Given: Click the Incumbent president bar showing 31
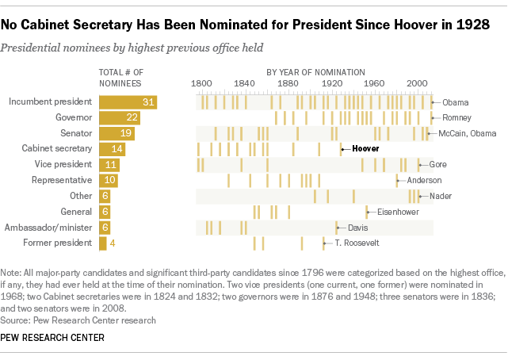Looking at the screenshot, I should (x=128, y=102).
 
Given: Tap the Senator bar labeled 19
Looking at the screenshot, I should (x=116, y=133).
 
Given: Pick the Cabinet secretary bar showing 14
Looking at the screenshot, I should (x=112, y=149).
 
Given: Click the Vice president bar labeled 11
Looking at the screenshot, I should (x=109, y=165).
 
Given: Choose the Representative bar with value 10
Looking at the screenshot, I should (x=108, y=181).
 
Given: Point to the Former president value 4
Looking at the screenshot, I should (x=113, y=243).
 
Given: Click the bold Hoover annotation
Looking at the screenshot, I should (x=365, y=149).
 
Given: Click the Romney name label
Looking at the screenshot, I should (x=456, y=117).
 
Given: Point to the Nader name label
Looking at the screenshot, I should (x=441, y=196).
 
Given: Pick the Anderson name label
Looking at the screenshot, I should (x=425, y=181).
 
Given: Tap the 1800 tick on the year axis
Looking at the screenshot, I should (x=201, y=83).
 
